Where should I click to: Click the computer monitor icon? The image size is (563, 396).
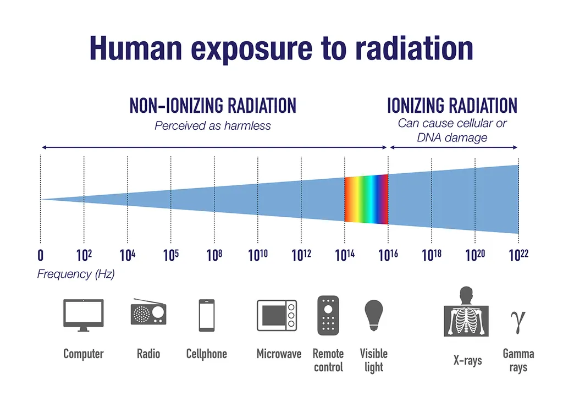pyautogui.click(x=84, y=315)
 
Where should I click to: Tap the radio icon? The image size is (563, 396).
pyautogui.click(x=148, y=312)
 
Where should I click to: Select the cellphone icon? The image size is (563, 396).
pyautogui.click(x=207, y=315)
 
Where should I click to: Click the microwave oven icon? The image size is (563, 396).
pyautogui.click(x=277, y=315)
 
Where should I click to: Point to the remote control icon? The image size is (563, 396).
pyautogui.click(x=328, y=315)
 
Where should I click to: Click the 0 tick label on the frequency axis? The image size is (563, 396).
pyautogui.click(x=40, y=256)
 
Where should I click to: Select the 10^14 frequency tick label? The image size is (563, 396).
pyautogui.click(x=345, y=255)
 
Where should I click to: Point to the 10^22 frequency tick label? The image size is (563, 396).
pyautogui.click(x=518, y=255)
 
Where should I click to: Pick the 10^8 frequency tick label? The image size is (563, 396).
pyautogui.click(x=215, y=255)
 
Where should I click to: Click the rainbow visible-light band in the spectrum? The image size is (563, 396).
pyautogui.click(x=366, y=199)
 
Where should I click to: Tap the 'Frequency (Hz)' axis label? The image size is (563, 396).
pyautogui.click(x=76, y=274)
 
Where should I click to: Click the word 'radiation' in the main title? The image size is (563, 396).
pyautogui.click(x=413, y=48)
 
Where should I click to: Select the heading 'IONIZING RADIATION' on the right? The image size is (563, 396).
pyautogui.click(x=452, y=105)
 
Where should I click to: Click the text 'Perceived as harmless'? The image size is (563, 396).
pyautogui.click(x=213, y=125)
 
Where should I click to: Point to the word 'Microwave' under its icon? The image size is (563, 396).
pyautogui.click(x=279, y=354)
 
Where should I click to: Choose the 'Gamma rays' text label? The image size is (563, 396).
pyautogui.click(x=518, y=360)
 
